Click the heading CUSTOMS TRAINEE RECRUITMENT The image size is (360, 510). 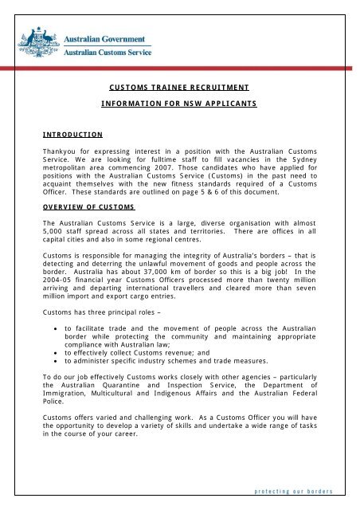coord(180,91)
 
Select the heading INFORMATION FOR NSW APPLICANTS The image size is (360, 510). coord(180,104)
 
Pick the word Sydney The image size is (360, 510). coord(315,159)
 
